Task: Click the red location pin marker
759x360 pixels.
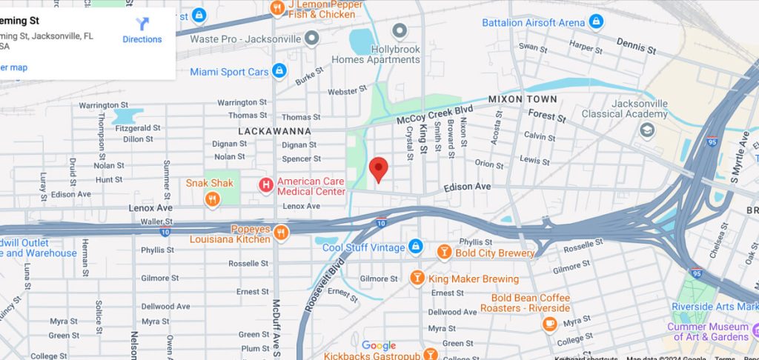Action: click(x=379, y=169)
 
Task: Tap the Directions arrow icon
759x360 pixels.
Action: click(x=142, y=24)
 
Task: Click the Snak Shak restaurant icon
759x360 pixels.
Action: click(x=213, y=198)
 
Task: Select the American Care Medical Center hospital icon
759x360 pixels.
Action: click(x=265, y=184)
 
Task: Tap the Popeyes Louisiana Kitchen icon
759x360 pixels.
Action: click(x=280, y=233)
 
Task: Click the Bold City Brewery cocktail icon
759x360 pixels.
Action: click(x=444, y=253)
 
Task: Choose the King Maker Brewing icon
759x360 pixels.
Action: click(x=417, y=279)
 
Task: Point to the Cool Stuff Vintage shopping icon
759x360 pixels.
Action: click(x=416, y=246)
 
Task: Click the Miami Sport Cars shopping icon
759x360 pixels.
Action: click(x=279, y=71)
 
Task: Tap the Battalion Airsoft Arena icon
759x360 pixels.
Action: click(x=595, y=22)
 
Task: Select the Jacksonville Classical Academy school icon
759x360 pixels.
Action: click(x=647, y=130)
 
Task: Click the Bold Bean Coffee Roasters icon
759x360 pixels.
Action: click(x=549, y=323)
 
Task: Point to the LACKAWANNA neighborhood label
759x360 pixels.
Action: click(x=274, y=131)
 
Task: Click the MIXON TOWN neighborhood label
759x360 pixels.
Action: click(x=523, y=99)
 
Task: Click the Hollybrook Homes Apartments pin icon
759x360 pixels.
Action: click(x=400, y=31)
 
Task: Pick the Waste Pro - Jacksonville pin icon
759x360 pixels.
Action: click(x=312, y=37)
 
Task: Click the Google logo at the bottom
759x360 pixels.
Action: click(x=379, y=345)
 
